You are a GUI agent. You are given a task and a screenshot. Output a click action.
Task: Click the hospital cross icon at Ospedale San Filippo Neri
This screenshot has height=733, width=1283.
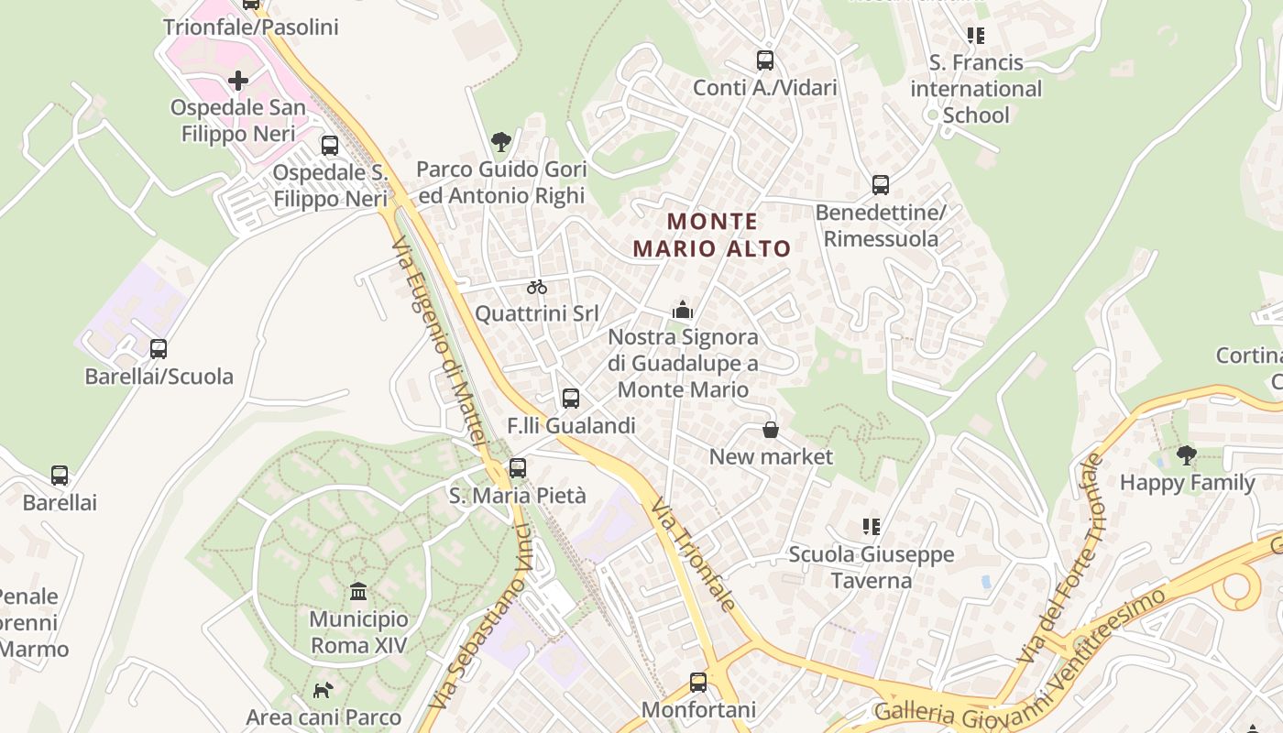238,81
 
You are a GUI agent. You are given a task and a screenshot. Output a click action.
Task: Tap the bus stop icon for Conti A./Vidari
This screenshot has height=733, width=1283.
765,60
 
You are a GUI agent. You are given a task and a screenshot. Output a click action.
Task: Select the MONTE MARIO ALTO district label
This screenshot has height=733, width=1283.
712,235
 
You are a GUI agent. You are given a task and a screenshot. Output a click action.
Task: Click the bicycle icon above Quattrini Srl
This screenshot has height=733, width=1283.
537,287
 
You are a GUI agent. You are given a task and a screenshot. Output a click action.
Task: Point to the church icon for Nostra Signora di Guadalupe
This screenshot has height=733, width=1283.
683,310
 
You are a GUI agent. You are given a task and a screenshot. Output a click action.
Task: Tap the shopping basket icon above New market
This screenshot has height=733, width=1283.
771,430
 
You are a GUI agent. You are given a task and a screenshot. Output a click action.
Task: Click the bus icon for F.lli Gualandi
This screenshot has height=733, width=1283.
571,399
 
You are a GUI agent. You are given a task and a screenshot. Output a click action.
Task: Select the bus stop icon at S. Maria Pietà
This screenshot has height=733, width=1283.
518,468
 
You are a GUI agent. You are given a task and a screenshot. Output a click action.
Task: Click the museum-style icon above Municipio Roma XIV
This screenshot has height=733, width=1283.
358,591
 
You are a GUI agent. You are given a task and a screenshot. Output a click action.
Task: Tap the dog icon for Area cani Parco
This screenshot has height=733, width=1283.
323,690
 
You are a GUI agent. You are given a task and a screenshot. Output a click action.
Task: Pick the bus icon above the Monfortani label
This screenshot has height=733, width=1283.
698,683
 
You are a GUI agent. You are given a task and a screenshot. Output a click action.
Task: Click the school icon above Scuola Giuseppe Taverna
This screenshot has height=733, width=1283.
872,527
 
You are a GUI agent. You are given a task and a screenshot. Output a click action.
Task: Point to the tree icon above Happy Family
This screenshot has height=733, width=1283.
1187,454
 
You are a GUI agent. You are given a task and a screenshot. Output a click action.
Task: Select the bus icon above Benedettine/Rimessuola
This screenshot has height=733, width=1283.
881,185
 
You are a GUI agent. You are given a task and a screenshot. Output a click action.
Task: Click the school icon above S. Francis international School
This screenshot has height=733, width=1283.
976,36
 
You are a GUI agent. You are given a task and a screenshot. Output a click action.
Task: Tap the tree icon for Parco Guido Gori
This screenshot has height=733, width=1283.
501,142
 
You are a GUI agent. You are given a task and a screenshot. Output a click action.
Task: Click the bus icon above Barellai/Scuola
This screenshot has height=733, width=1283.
159,349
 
